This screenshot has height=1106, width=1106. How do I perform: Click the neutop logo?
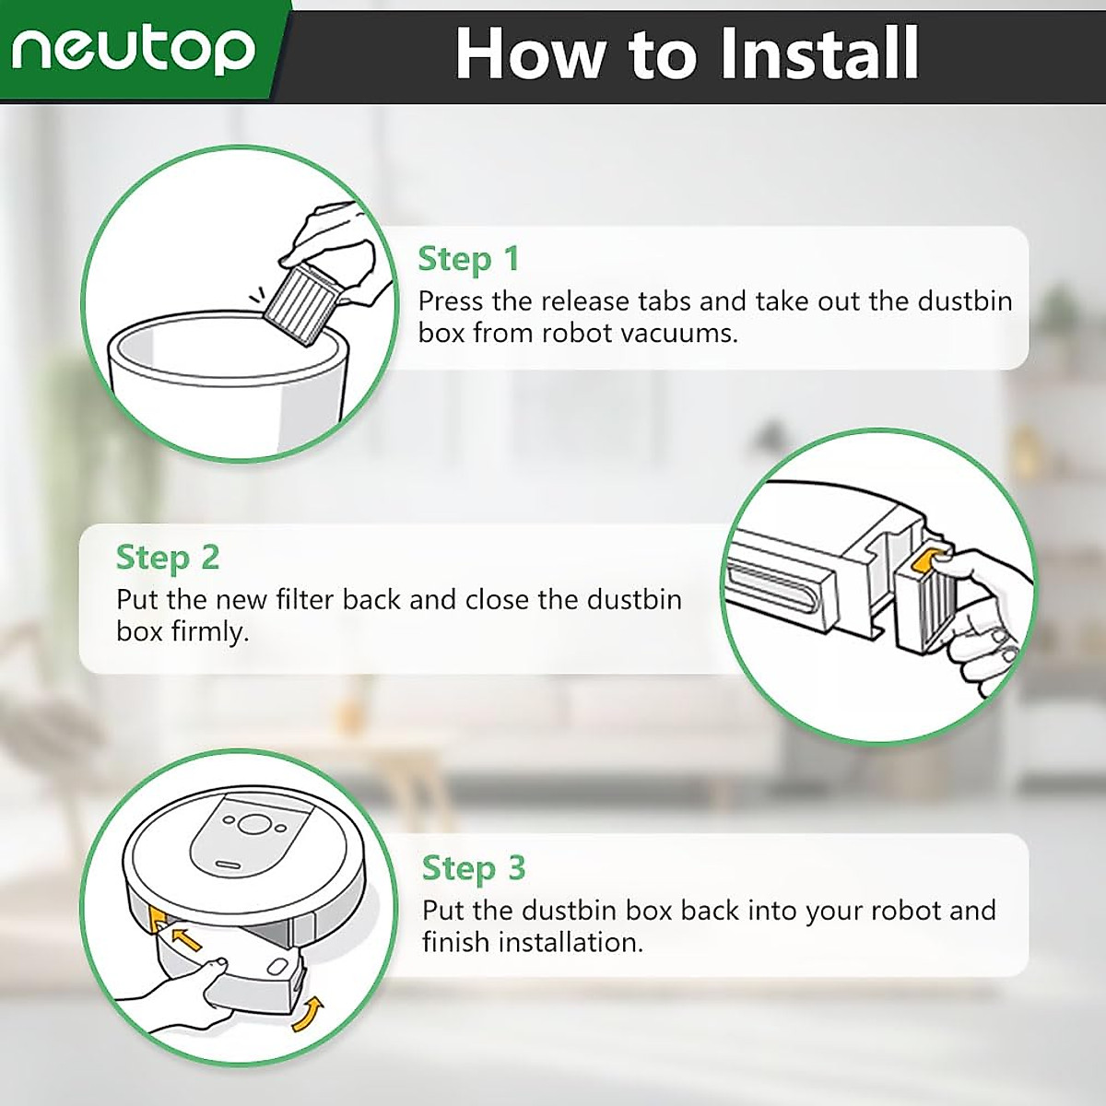133,51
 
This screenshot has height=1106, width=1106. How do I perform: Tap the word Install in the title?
818,53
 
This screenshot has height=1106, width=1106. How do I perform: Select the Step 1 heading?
468,259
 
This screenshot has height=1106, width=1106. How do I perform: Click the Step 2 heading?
168,558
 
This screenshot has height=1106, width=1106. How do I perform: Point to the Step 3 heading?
474,867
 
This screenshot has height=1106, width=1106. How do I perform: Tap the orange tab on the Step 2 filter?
929,560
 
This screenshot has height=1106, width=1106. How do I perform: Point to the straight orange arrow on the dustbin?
188,938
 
